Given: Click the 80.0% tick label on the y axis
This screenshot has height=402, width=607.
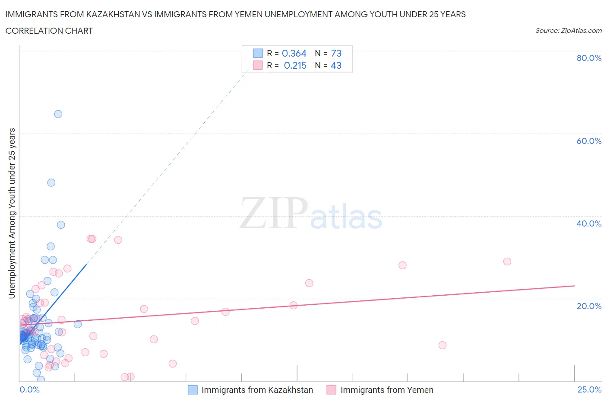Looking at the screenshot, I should coord(589,58).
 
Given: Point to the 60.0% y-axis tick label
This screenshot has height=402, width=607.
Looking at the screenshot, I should coord(589,141).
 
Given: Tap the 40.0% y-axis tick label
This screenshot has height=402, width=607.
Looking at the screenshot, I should coord(589,223).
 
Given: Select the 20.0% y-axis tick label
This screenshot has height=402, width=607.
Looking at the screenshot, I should coord(589,306).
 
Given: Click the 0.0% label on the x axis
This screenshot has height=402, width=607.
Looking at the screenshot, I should coord(29,389).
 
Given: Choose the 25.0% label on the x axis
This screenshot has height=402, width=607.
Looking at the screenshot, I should coord(589,389).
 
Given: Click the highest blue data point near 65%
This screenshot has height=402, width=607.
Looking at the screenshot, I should coord(58,114).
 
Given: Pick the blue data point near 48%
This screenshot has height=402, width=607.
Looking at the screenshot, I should coord(51,182).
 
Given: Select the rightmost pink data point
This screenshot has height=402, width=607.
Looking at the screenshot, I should coord(507,262).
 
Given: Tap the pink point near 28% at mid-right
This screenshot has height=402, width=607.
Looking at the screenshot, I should coord(402,265).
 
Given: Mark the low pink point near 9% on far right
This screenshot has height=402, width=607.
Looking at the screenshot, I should coord(443,345).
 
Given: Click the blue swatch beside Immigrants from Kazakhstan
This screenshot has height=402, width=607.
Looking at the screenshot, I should coord(193,390).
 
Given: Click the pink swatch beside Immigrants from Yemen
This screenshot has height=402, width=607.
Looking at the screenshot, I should coord(332,390).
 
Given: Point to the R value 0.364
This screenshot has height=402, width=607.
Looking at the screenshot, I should coord(294,53).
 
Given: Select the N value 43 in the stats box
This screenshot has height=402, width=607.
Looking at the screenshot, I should coord(336,65).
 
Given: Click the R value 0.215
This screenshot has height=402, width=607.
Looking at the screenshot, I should coord(295,65).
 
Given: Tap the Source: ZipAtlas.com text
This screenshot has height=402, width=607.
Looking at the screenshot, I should coord(568,31).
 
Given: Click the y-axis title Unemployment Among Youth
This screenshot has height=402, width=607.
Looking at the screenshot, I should coord(12,213).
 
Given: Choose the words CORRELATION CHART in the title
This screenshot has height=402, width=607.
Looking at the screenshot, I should coord(49,31).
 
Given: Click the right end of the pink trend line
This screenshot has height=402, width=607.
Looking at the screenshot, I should coord(574,286).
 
